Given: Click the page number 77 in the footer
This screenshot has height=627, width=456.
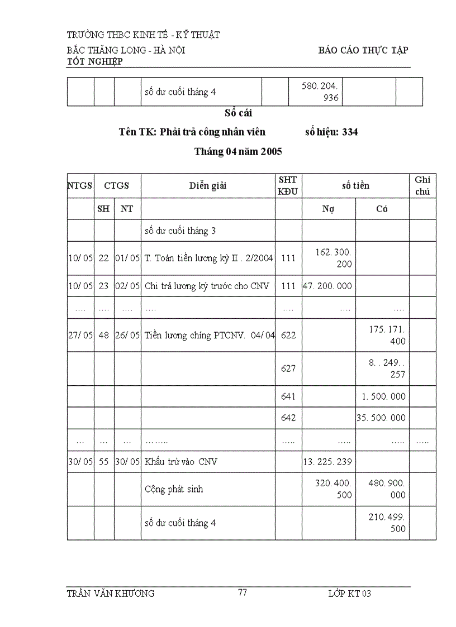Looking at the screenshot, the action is tap(243, 593).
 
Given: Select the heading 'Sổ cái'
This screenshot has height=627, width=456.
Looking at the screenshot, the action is tap(239, 113).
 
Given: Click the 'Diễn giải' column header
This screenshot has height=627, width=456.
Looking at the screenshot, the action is tap(207, 186).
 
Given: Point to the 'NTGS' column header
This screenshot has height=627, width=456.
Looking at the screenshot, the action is tap(80, 186).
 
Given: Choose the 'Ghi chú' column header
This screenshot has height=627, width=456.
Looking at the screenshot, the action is tap(423, 186).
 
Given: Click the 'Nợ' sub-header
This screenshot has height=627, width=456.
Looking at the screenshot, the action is tap(329, 209).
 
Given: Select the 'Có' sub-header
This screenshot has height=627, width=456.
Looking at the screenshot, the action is tap(382, 209).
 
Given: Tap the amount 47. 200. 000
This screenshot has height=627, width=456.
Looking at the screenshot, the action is tap(327, 286).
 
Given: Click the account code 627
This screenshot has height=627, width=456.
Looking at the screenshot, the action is tap(288, 368).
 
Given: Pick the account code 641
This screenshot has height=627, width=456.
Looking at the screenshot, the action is tap(288, 396).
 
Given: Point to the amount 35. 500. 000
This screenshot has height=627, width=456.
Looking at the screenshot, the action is tap(382, 418).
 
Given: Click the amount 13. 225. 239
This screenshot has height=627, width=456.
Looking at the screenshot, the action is tap(327, 462).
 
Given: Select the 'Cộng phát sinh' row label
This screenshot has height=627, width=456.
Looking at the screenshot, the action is tap(174, 489).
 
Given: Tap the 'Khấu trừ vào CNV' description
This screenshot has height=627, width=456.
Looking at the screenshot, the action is tap(180, 462).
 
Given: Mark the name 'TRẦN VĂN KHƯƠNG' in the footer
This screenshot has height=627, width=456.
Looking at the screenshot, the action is tap(110, 594).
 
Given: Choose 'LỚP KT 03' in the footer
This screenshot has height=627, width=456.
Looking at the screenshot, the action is tap(349, 594).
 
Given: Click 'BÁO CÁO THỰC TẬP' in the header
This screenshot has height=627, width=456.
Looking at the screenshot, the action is tap(363, 50).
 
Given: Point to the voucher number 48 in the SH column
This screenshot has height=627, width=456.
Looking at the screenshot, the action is tap(104, 335).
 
